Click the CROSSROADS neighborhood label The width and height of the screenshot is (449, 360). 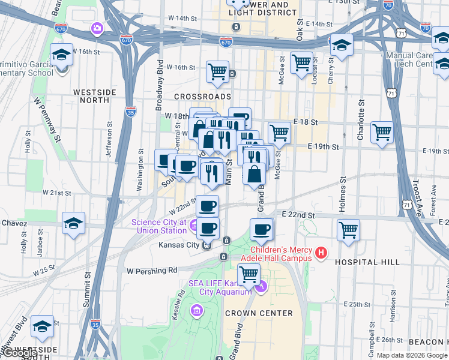click(x=202, y=96)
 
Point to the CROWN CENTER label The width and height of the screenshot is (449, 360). click(x=259, y=313)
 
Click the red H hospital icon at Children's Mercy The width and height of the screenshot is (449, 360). click(x=321, y=253)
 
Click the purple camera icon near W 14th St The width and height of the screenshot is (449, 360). click(x=97, y=28)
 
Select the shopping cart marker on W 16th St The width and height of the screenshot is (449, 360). click(x=217, y=71)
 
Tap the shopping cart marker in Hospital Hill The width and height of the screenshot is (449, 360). click(x=348, y=230)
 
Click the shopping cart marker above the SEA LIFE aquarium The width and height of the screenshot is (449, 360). click(x=249, y=274)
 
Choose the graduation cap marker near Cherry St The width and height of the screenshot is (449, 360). click(x=342, y=44)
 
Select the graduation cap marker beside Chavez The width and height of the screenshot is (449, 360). click(x=73, y=224)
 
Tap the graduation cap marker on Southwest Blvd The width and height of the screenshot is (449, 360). click(x=42, y=326)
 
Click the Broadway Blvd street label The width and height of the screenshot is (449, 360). click(x=159, y=85)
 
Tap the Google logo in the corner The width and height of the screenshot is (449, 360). click(x=19, y=353)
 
